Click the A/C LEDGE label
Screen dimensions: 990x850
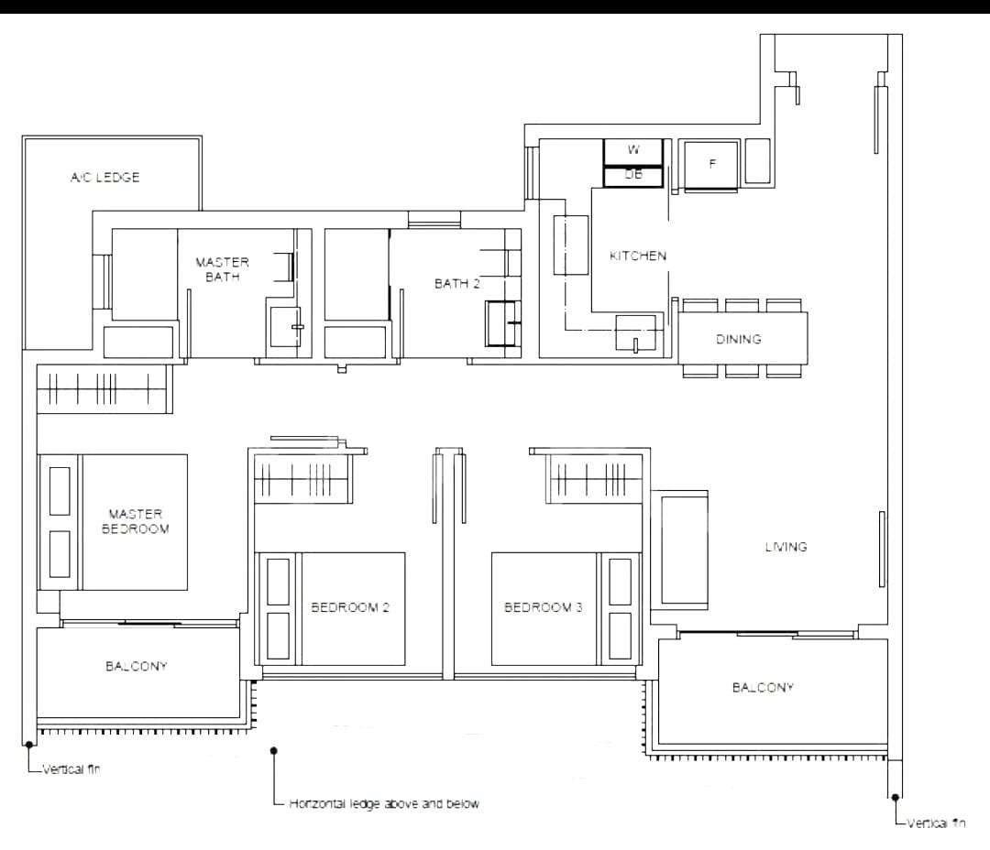tap(104, 178)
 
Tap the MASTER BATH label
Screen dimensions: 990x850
tap(222, 269)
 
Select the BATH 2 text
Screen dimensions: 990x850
tap(457, 284)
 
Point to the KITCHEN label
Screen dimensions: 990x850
tap(638, 256)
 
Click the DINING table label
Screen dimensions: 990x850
tap(738, 339)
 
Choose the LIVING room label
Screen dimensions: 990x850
tap(786, 547)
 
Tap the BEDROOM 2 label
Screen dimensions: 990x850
tap(350, 607)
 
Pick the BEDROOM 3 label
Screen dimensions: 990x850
tap(543, 607)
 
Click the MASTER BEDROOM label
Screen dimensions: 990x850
tap(135, 522)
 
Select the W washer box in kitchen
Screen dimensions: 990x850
tap(633, 152)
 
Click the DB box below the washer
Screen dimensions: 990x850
tap(633, 177)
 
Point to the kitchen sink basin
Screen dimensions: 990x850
tap(636, 332)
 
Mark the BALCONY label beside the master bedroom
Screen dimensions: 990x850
tap(137, 667)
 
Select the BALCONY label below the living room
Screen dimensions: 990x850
tap(763, 687)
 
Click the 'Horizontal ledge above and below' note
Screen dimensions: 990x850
tap(384, 804)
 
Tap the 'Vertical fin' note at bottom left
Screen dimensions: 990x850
tap(71, 769)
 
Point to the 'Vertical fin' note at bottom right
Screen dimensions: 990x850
tap(936, 823)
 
